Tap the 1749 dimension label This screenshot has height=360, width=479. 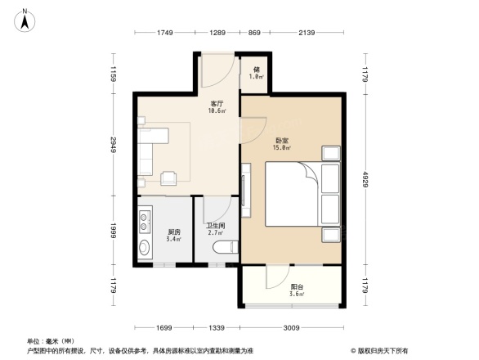165,32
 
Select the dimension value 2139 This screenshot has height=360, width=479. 307,32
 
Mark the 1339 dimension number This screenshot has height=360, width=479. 217,328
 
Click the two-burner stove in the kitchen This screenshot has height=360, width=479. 146,220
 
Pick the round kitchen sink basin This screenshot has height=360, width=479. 145,248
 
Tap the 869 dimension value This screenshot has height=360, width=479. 253,32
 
